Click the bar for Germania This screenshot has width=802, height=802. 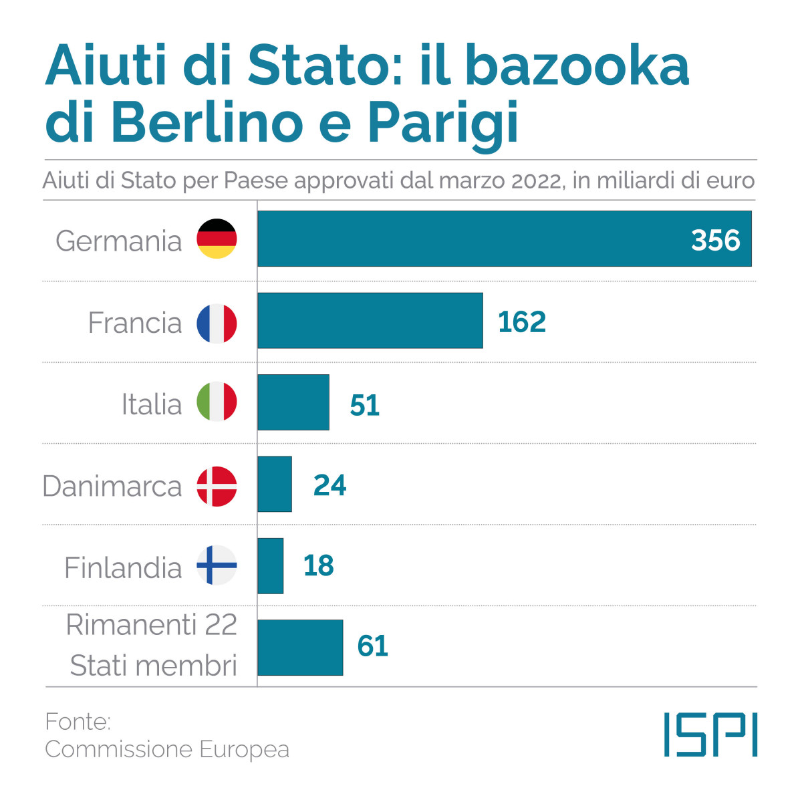click(468, 239)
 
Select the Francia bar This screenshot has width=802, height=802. click(370, 320)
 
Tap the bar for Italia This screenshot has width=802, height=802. click(293, 402)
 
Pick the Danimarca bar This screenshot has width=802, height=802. click(275, 484)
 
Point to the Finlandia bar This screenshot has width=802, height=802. click(270, 565)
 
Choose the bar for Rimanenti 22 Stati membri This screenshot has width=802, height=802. click(300, 647)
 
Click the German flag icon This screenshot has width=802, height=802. click(217, 239)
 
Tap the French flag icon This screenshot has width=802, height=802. click(217, 323)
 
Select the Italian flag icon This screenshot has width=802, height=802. click(217, 402)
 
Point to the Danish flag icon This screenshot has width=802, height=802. click(217, 486)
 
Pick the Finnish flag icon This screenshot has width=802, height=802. click(217, 565)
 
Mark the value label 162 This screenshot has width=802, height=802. click(521, 322)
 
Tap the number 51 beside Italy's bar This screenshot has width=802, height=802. click(364, 405)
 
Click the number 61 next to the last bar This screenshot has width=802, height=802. click(372, 646)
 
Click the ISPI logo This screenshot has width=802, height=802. click(710, 734)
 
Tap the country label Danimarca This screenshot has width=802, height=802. click(112, 487)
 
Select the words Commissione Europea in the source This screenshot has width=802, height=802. click(167, 750)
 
